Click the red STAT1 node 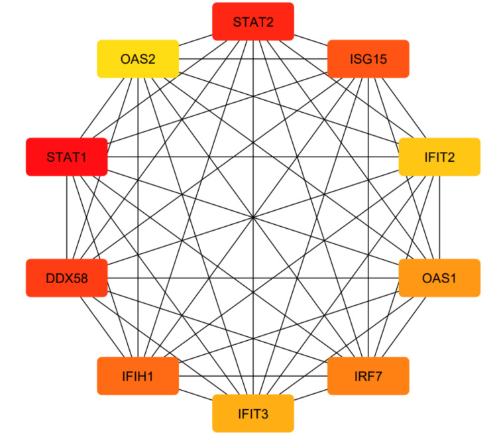pyautogui.click(x=66, y=157)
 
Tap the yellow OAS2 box pyautogui.click(x=138, y=59)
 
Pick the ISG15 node pyautogui.click(x=368, y=59)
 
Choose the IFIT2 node pyautogui.click(x=439, y=157)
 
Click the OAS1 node pyautogui.click(x=439, y=277)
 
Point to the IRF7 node pyautogui.click(x=368, y=376)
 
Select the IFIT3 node pyautogui.click(x=252, y=413)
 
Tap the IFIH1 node pyautogui.click(x=138, y=376)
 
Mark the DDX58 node pyautogui.click(x=66, y=277)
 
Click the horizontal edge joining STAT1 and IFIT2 pyautogui.click(x=199, y=157)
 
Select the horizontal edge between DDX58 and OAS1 pyautogui.click(x=199, y=277)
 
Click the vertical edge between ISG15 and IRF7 pyautogui.click(x=368, y=199)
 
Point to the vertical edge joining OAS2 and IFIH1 pyautogui.click(x=138, y=199)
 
